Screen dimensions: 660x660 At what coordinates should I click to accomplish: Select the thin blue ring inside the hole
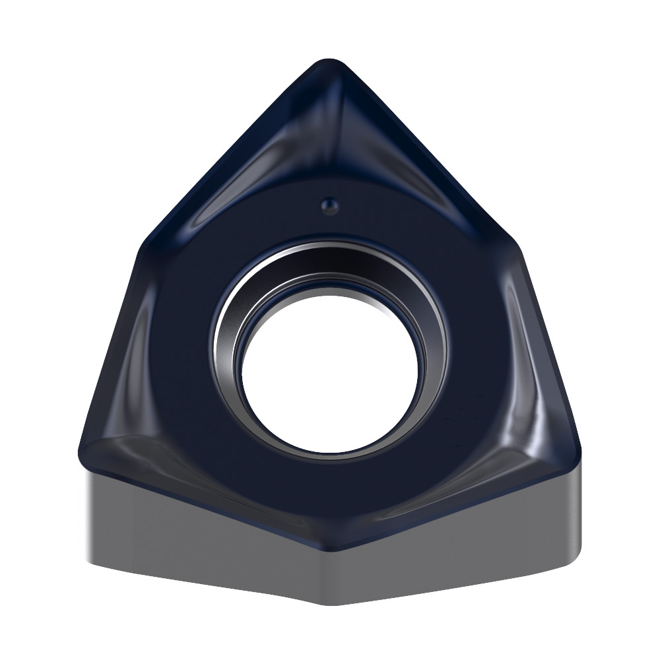pos(242,350)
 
